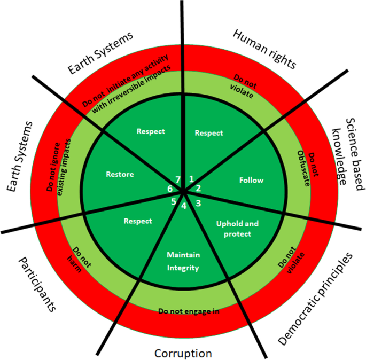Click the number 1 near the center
(x=191, y=179)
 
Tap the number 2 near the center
(x=198, y=188)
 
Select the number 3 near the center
(x=198, y=202)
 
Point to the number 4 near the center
(x=183, y=206)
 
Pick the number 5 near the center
(x=173, y=201)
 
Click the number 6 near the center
(x=169, y=189)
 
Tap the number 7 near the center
(x=178, y=178)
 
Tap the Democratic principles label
(x=316, y=297)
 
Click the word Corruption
(x=183, y=353)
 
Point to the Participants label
(x=37, y=284)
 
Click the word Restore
(x=120, y=174)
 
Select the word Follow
(x=251, y=180)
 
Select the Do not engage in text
(x=189, y=310)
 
